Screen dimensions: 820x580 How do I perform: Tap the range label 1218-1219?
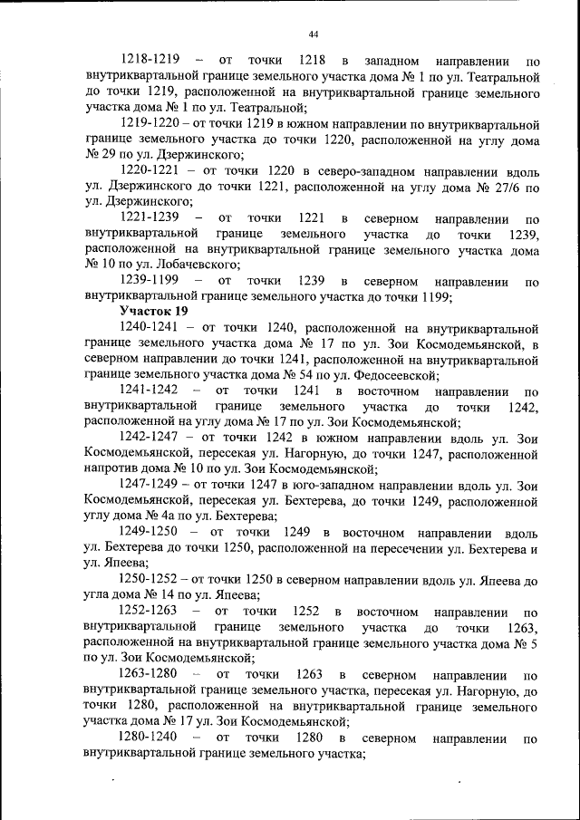pyautogui.click(x=150, y=59)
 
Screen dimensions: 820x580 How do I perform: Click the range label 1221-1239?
pyautogui.click(x=150, y=218)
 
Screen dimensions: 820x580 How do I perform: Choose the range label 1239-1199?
pyautogui.click(x=150, y=280)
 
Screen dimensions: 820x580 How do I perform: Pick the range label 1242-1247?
pyautogui.click(x=150, y=439)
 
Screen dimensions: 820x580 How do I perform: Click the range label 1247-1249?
pyautogui.click(x=150, y=486)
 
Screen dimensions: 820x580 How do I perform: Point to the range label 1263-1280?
pyautogui.click(x=150, y=675)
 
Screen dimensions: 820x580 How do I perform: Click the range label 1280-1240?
pyautogui.click(x=150, y=738)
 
